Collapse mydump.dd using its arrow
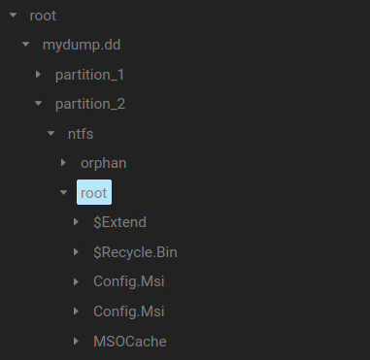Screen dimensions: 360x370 click(25, 45)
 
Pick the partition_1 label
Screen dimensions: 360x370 click(90, 75)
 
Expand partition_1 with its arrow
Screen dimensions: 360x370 click(38, 75)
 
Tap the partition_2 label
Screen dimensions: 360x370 click(90, 104)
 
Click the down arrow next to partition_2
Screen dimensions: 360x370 click(38, 104)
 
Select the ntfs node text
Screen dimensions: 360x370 click(81, 134)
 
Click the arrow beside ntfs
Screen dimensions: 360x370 click(50, 134)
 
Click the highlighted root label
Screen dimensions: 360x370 click(95, 192)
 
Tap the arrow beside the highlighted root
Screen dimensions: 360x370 click(63, 192)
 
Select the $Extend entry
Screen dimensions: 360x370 click(119, 222)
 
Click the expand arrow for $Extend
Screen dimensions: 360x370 click(77, 222)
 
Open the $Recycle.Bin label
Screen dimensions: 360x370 click(135, 252)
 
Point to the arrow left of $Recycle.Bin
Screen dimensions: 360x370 click(77, 252)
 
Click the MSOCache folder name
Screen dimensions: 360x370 click(130, 341)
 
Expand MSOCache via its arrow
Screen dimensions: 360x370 click(77, 341)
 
